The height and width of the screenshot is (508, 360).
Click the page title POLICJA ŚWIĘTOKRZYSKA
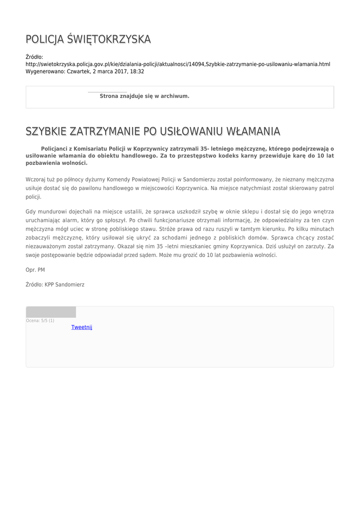click(x=88, y=39)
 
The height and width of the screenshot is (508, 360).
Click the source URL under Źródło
click(x=178, y=64)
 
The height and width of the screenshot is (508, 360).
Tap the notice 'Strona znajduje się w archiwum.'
click(x=144, y=96)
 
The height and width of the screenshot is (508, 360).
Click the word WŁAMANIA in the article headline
click(x=253, y=131)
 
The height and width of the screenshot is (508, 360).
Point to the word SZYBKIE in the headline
click(x=46, y=131)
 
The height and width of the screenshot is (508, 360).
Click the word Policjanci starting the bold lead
click(x=56, y=148)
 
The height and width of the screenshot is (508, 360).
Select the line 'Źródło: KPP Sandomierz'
click(x=55, y=285)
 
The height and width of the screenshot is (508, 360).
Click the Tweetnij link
click(x=82, y=327)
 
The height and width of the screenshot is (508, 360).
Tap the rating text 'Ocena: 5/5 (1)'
click(x=40, y=321)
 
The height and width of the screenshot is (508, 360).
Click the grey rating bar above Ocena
click(x=51, y=312)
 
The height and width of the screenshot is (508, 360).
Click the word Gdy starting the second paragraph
click(x=31, y=212)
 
